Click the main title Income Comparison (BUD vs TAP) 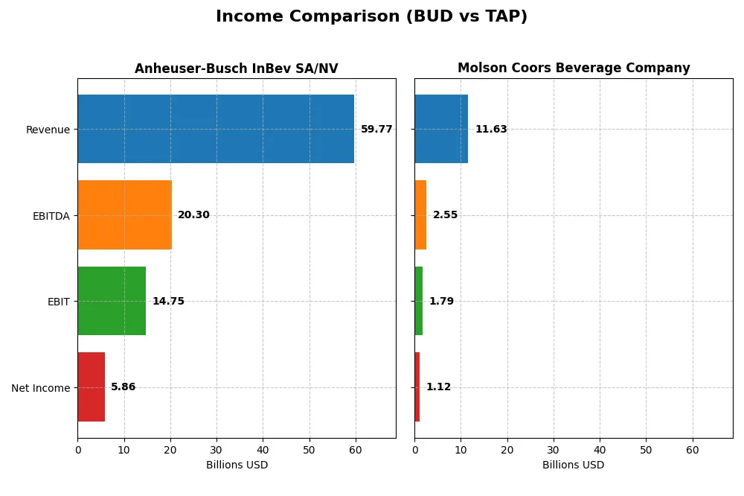click(371, 16)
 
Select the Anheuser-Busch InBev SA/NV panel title click(236, 69)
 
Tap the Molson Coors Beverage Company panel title click(574, 69)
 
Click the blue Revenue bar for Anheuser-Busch click(216, 129)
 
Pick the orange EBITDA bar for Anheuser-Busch click(124, 215)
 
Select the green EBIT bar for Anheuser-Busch click(112, 301)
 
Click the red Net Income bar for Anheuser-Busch click(91, 387)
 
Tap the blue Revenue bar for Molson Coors click(441, 129)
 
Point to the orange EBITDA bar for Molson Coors click(420, 215)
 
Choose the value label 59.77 click(376, 130)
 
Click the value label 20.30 click(193, 215)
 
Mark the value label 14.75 click(168, 302)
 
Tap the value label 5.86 click(124, 387)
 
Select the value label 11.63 click(491, 130)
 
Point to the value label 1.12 click(438, 387)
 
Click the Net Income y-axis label click(41, 388)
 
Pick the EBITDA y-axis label click(51, 216)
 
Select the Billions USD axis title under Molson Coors click(574, 465)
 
